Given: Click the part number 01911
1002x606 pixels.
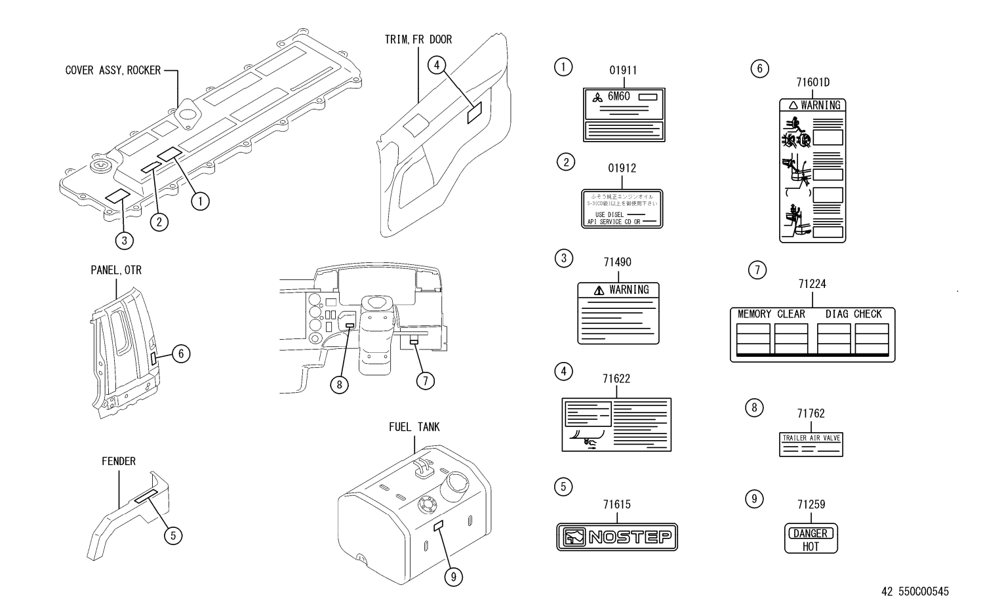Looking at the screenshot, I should (x=622, y=71).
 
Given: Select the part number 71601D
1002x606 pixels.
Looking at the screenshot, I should (x=812, y=83).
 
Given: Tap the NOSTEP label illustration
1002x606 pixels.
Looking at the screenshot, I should (x=617, y=537).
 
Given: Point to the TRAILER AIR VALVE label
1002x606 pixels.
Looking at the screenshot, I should (x=811, y=445).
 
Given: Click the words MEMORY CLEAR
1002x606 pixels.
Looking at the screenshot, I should (x=771, y=314).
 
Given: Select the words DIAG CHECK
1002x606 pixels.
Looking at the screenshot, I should (x=853, y=314).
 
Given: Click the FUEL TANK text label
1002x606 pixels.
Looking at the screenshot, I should (x=414, y=428).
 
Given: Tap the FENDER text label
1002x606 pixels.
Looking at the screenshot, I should (x=119, y=462).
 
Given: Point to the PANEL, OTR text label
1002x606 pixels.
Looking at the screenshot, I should (x=116, y=270).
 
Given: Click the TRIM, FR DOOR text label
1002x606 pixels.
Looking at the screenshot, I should (x=418, y=40).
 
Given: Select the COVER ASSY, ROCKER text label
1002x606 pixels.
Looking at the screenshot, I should (x=113, y=70).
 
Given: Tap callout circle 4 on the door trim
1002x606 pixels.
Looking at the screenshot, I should (x=437, y=64).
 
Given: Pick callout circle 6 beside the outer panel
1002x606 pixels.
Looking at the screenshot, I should (x=181, y=354).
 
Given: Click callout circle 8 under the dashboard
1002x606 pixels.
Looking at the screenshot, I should (x=339, y=384).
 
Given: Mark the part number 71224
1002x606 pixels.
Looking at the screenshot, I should (x=812, y=285).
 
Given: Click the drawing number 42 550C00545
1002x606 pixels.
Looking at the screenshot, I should (x=915, y=592).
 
